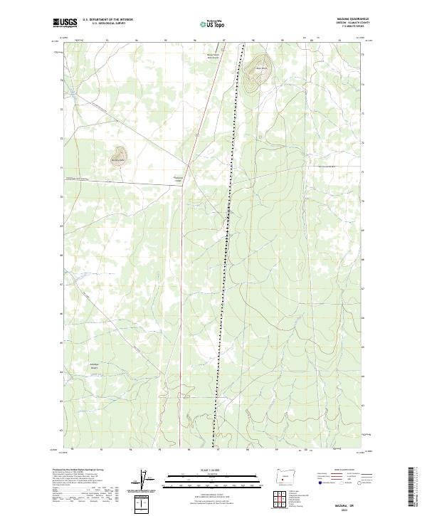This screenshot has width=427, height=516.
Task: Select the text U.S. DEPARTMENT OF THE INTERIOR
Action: (x=107, y=20)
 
